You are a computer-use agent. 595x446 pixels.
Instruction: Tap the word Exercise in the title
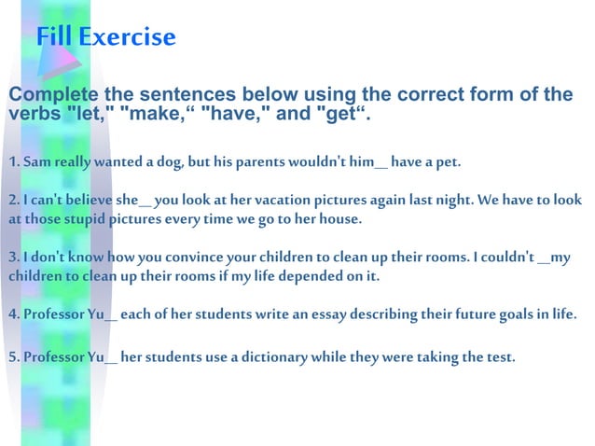pos(127,37)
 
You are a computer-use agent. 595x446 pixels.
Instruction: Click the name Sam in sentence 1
pos(36,163)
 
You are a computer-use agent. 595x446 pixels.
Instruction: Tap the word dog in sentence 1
pos(169,163)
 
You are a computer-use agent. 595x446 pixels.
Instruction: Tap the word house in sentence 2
pos(338,219)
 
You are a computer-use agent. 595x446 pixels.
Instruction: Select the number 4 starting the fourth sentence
pos(12,314)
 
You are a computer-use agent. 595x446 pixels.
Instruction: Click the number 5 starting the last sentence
pos(12,356)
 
